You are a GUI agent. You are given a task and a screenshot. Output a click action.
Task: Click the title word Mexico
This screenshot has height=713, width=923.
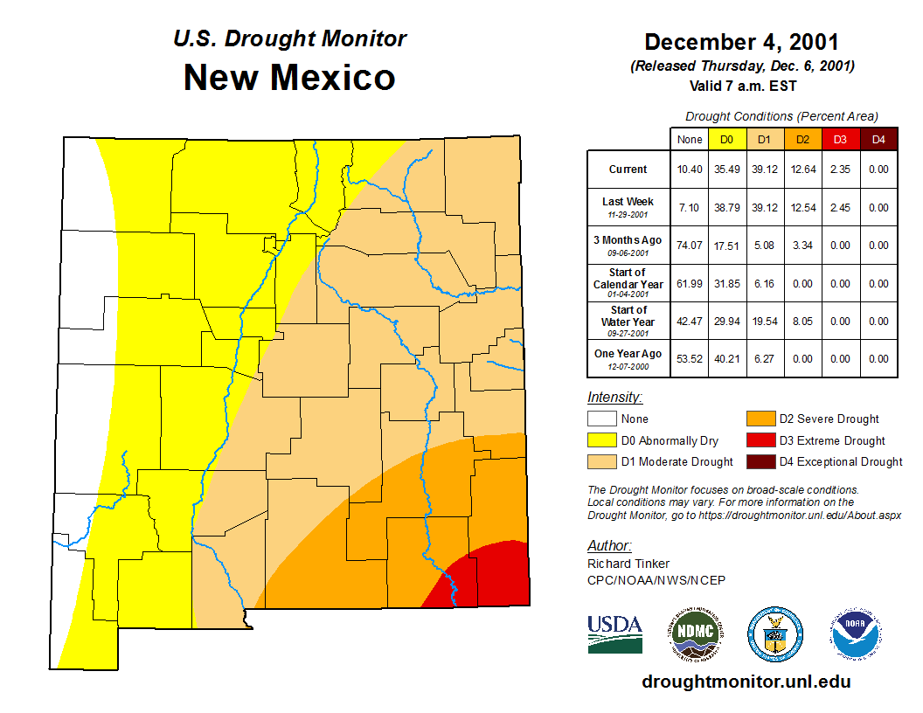(x=332, y=77)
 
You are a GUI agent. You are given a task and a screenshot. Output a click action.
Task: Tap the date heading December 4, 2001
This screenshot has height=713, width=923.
(x=741, y=42)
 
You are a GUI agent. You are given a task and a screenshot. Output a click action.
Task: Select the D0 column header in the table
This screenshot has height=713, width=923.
(x=726, y=139)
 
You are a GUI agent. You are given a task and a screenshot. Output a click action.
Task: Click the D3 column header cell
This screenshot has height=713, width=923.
(x=840, y=139)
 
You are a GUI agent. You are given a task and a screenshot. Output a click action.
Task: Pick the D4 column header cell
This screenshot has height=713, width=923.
(x=878, y=139)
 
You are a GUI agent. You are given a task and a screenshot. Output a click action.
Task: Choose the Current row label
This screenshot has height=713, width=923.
(x=628, y=170)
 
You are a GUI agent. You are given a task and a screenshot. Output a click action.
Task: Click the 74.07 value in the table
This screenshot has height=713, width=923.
(x=690, y=246)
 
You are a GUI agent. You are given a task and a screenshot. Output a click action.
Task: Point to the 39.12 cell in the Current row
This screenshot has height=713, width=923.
(x=764, y=170)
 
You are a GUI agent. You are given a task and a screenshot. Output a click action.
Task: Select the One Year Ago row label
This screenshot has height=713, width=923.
(x=628, y=354)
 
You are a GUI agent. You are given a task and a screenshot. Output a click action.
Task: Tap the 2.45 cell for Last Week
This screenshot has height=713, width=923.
(x=840, y=208)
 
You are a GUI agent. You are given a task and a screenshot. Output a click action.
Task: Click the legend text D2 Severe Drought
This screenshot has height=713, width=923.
(x=829, y=419)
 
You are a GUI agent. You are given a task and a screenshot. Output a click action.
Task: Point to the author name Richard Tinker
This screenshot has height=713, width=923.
(x=628, y=564)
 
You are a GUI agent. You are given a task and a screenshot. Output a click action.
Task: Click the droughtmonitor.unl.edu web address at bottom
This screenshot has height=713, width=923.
(x=746, y=682)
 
